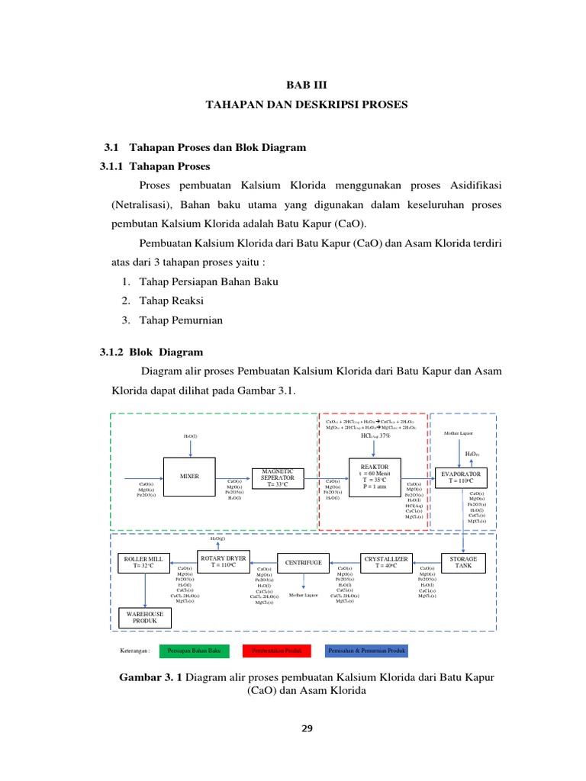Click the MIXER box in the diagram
pyautogui.click(x=189, y=476)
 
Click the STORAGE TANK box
pyautogui.click(x=468, y=562)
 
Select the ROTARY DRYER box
pyautogui.click(x=223, y=561)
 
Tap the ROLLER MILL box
pyautogui.click(x=145, y=562)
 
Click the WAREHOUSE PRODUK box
pyautogui.click(x=145, y=616)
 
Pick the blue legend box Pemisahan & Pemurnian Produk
pyautogui.click(x=366, y=651)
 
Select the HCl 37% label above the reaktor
pyautogui.click(x=370, y=435)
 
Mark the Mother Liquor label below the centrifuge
pyautogui.click(x=303, y=595)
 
